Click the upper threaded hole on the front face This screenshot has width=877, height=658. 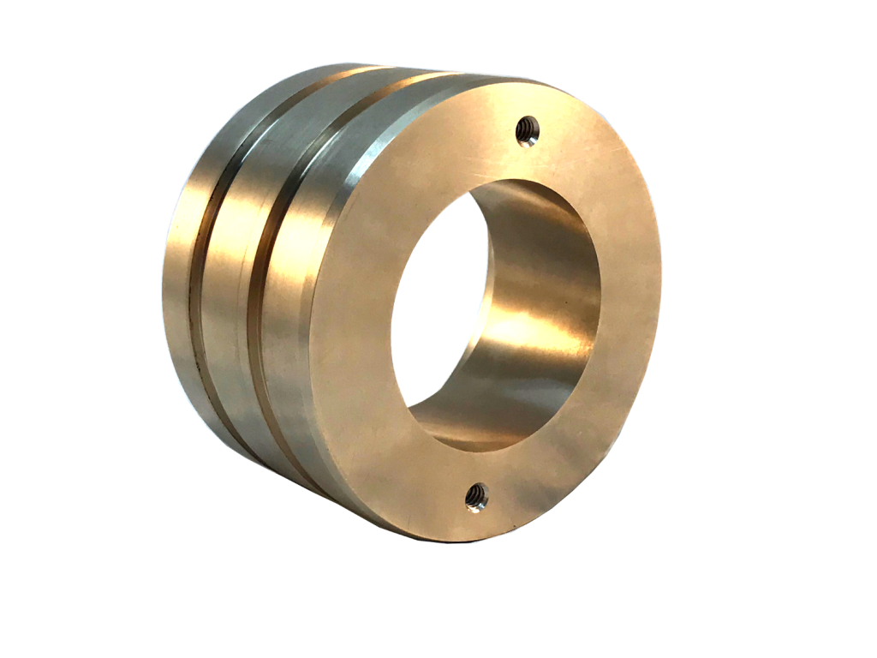(528, 131)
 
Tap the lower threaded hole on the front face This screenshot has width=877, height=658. (476, 494)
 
